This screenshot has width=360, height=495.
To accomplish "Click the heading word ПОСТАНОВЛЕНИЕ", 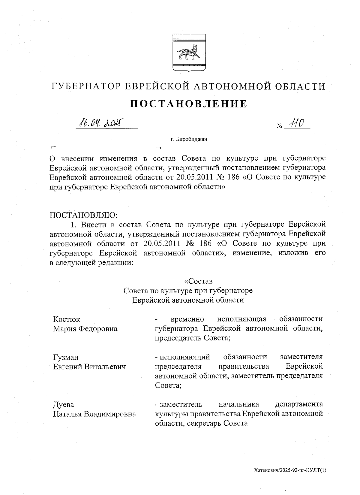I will [x=189, y=104].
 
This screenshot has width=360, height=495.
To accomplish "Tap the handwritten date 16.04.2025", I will [x=99, y=122].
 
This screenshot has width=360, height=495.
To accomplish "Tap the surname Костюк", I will [x=66, y=319].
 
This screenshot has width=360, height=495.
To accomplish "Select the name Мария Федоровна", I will [x=85, y=329].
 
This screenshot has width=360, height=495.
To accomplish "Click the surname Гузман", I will [x=66, y=357].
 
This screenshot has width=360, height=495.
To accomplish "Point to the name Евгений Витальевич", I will [x=89, y=367].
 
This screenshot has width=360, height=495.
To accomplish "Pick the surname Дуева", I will [x=63, y=405].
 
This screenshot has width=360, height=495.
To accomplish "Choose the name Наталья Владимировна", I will [x=94, y=414].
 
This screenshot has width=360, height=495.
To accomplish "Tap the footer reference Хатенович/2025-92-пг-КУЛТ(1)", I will [x=290, y=470].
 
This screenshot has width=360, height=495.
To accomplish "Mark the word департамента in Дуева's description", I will [x=299, y=405].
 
